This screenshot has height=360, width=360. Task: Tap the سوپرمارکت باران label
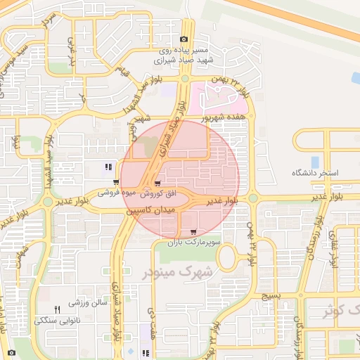pyautogui.click(x=194, y=242)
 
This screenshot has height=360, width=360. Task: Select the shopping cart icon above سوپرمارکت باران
pyautogui.click(x=193, y=231)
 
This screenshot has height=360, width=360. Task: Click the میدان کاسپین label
pyautogui.click(x=148, y=210)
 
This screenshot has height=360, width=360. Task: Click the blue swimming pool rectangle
pyautogui.click(x=315, y=162)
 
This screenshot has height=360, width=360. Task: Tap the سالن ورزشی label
pyautogui.click(x=86, y=303)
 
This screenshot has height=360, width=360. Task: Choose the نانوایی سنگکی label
pyautogui.click(x=58, y=320)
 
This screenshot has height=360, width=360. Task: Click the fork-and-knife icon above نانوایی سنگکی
pyautogui.click(x=58, y=309)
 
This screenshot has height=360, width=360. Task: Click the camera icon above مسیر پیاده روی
pyautogui.click(x=184, y=39)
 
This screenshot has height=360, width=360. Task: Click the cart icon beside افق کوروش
pyautogui.click(x=147, y=183)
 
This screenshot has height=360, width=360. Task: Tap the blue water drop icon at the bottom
pyautogui.click(x=130, y=349)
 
